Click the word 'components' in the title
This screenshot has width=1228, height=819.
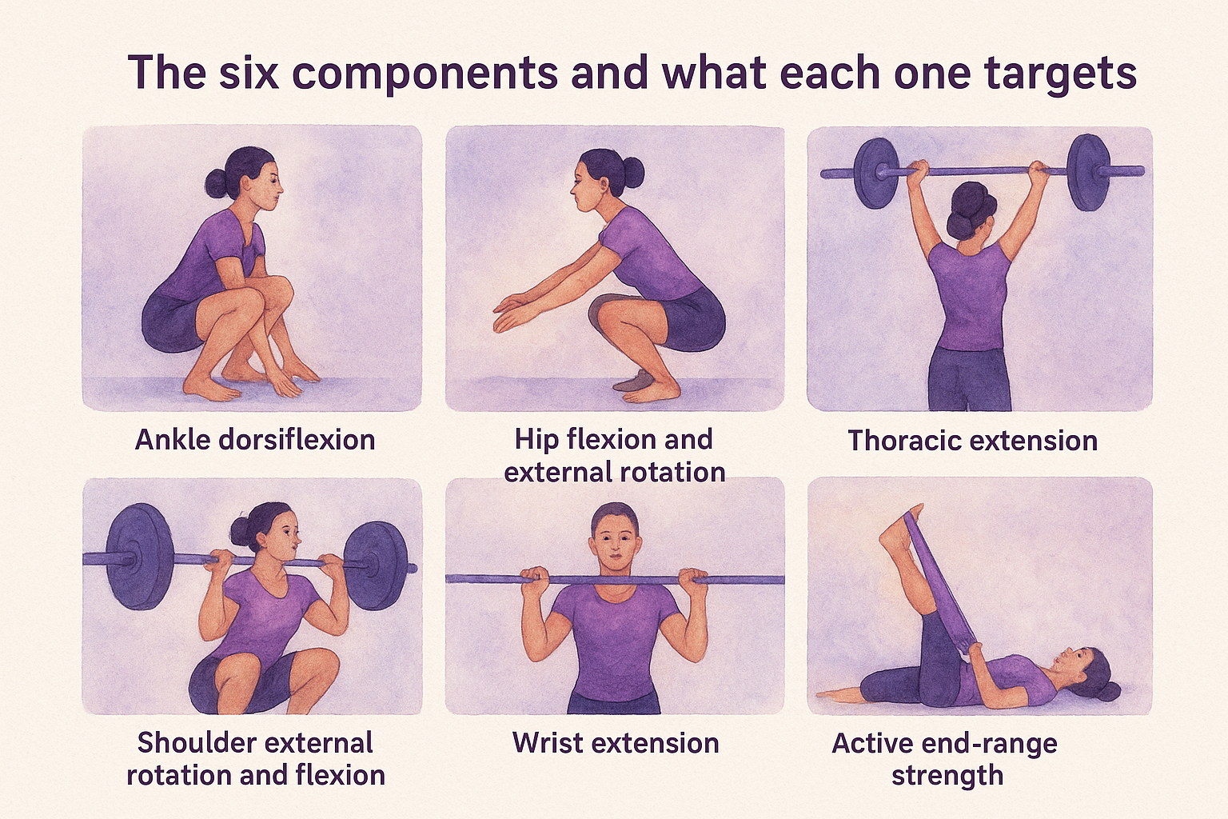[425, 74]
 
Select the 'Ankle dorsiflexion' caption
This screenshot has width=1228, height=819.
[255, 440]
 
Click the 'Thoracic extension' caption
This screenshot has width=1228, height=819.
[972, 441]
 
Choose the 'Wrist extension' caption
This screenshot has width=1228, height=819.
[616, 743]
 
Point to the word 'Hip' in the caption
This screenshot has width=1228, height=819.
[536, 439]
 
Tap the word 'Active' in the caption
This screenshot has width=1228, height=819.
[873, 743]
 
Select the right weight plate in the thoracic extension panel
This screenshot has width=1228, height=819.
[1089, 172]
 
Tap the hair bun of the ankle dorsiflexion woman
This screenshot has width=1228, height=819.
[217, 183]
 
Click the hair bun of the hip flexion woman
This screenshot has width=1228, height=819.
[632, 170]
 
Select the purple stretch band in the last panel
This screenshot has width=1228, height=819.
[939, 584]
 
